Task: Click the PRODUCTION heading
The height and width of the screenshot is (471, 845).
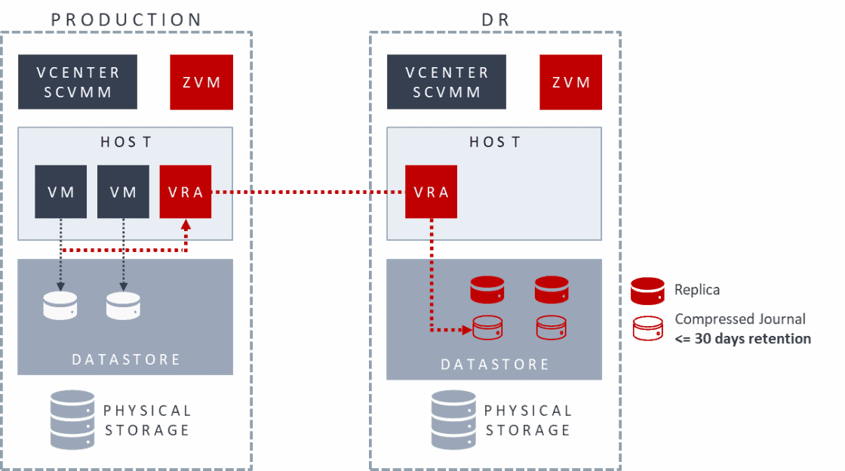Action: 126,20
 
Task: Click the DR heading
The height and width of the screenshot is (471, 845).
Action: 495,20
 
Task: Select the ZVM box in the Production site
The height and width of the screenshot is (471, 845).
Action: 201,82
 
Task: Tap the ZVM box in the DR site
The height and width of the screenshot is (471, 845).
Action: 571,82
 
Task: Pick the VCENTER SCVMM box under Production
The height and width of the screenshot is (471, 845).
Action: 78,82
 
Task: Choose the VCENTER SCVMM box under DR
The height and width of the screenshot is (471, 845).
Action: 447,82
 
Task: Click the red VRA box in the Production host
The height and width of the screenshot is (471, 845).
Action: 186,192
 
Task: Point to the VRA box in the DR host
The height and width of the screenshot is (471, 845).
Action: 432,192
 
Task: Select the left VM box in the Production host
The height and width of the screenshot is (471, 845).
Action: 61,192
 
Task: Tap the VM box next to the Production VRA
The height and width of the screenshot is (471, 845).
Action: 123,192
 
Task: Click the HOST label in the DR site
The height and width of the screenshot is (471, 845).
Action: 495,142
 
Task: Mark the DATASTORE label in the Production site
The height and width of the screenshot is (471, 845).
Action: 126,359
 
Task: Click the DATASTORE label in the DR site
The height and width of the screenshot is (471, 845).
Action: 495,364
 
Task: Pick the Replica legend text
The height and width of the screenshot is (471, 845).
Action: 697,290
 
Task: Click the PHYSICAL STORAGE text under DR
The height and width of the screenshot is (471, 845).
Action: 527,420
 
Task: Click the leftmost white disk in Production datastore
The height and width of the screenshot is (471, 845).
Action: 60,305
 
